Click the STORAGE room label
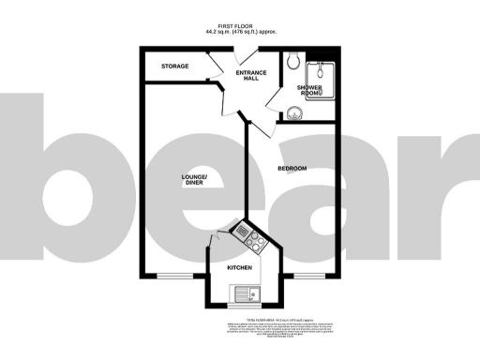174,67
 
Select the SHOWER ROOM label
309,91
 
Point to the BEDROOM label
292,168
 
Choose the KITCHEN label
240,267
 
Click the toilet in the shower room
294,63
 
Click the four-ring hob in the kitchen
255,241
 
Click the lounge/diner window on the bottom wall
171,277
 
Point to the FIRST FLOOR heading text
239,26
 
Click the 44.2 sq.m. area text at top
239,33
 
